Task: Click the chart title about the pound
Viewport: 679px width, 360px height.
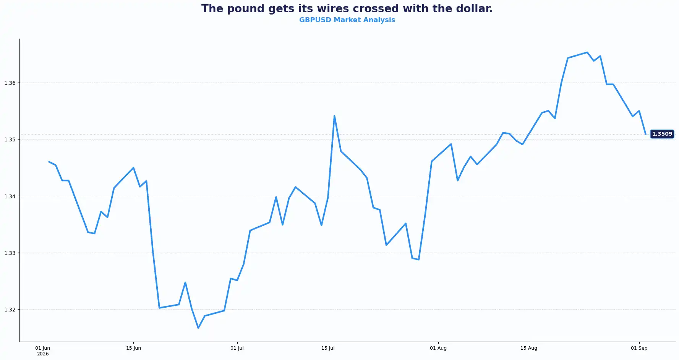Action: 347,9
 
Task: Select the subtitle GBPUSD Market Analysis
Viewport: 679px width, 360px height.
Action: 347,20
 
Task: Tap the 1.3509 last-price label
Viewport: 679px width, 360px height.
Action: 662,134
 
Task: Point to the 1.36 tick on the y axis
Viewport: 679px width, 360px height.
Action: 10,83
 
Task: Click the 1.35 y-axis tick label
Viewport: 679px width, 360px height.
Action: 10,139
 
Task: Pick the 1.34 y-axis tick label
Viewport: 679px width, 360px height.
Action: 10,196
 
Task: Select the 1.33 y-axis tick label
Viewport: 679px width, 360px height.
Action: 10,253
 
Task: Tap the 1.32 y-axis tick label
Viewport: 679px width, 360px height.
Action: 10,310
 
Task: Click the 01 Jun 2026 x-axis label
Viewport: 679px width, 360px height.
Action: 43,351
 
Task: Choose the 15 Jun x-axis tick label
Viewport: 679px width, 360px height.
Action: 133,348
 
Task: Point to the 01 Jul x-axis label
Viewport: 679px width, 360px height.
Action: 237,348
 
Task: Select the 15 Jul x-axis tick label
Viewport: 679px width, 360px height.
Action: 328,348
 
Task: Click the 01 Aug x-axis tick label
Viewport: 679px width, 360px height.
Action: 438,348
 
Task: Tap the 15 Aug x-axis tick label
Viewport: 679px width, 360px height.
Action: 529,348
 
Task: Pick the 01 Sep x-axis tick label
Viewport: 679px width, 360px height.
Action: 639,348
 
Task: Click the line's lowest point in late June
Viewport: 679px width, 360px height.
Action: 198,328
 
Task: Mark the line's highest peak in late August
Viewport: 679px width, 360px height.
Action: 587,52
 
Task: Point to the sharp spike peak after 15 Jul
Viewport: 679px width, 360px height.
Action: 334,116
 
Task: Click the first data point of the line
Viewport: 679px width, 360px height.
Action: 49,162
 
